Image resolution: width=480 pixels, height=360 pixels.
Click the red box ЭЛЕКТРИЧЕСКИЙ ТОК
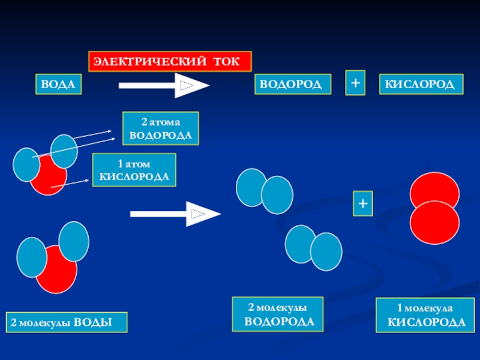click(x=170, y=62)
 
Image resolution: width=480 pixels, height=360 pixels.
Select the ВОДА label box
click(x=58, y=85)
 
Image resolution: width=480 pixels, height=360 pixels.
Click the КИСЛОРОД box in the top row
click(x=420, y=85)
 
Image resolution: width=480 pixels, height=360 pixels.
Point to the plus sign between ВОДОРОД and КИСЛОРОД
click(x=356, y=83)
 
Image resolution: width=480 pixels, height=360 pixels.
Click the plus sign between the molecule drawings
click(x=362, y=204)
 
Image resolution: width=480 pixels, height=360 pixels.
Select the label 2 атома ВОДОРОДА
click(x=161, y=128)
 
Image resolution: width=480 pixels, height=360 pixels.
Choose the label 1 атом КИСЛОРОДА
click(x=134, y=170)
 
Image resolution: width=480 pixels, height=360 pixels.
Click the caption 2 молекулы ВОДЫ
click(x=67, y=323)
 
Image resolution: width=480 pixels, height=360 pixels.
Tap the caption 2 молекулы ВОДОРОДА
click(x=278, y=314)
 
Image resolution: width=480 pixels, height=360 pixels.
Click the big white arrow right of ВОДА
click(x=164, y=85)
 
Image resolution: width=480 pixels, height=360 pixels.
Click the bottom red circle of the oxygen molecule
click(x=434, y=222)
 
